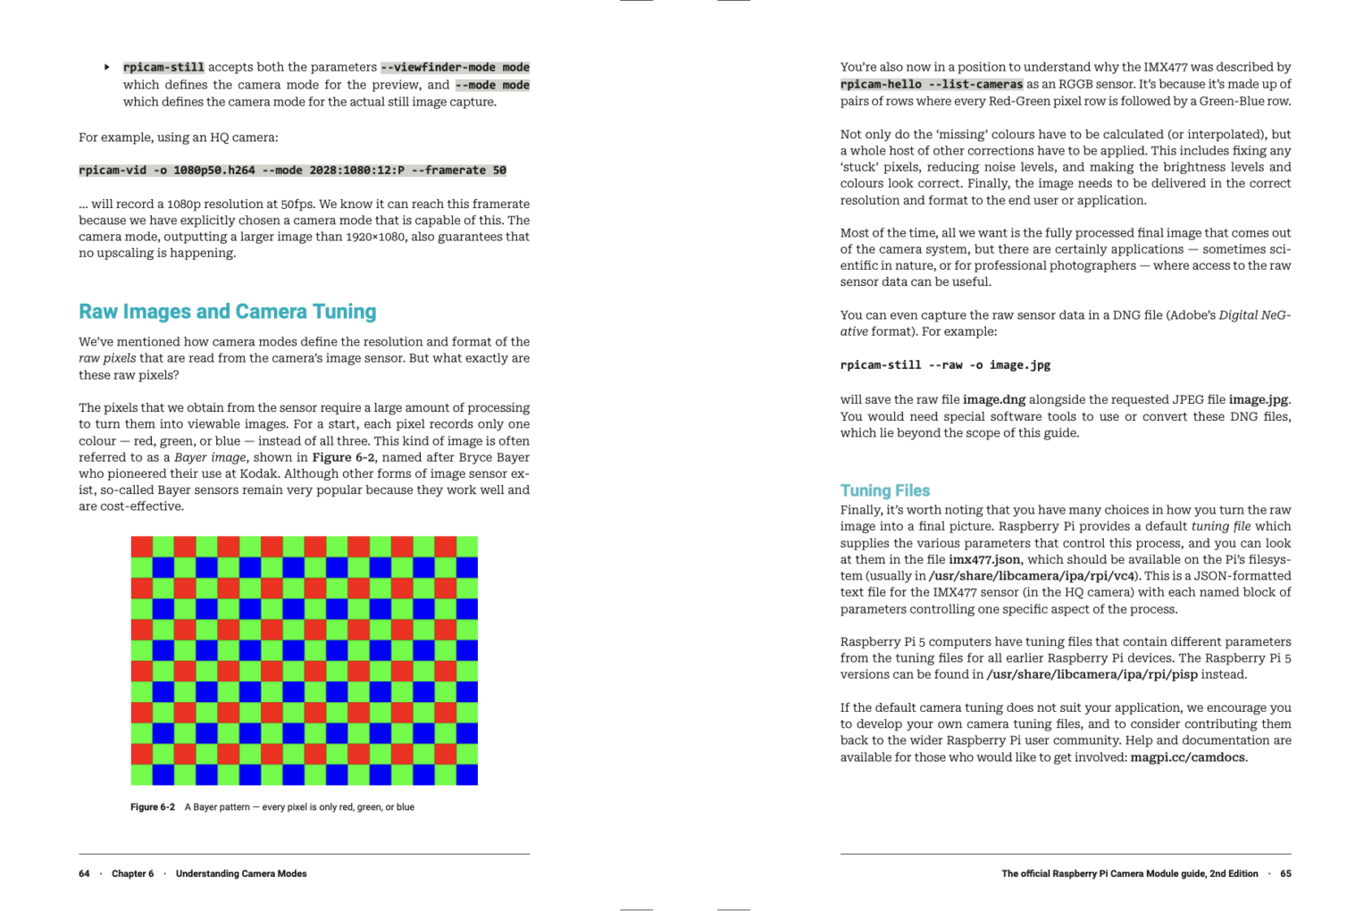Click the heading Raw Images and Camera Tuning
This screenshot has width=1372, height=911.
pyautogui.click(x=227, y=312)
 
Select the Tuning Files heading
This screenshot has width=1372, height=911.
pyautogui.click(x=884, y=490)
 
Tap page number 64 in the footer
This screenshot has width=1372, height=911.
pyautogui.click(x=84, y=873)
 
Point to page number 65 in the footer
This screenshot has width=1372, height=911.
pyautogui.click(x=1285, y=873)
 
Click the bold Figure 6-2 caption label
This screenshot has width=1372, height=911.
pyautogui.click(x=153, y=807)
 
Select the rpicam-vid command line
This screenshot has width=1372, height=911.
pyautogui.click(x=292, y=171)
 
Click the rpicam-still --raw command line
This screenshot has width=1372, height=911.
pyautogui.click(x=945, y=365)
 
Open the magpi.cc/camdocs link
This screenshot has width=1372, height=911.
pyautogui.click(x=1187, y=757)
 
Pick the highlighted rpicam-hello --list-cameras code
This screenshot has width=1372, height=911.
pyautogui.click(x=931, y=84)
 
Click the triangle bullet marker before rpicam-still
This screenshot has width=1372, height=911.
pyautogui.click(x=107, y=67)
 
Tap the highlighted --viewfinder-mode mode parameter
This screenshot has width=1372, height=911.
pyautogui.click(x=455, y=67)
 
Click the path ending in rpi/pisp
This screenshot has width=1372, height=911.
pyautogui.click(x=1092, y=674)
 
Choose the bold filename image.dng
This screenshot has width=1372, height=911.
pyautogui.click(x=994, y=399)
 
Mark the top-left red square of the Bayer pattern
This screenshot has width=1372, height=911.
pyautogui.click(x=141, y=547)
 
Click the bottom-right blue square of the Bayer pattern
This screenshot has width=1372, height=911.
pyautogui.click(x=467, y=774)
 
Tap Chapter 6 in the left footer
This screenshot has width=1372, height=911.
pyautogui.click(x=132, y=873)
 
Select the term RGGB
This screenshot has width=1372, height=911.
pyautogui.click(x=1078, y=84)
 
